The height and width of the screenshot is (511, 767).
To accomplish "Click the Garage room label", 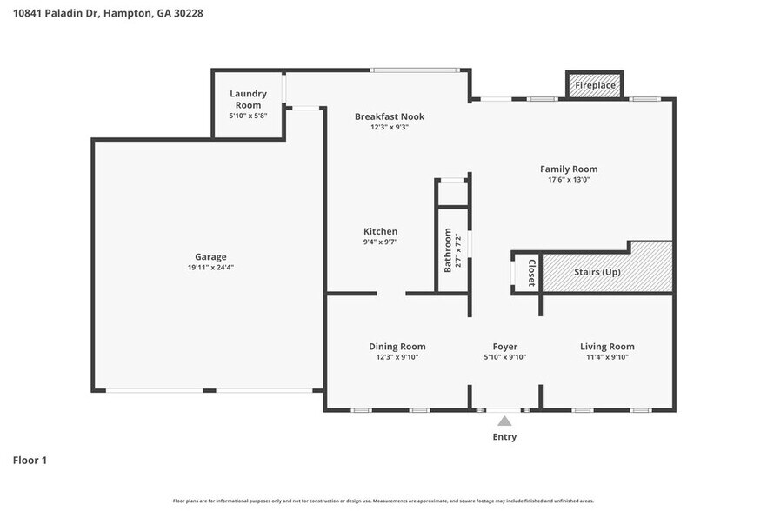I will (210, 256).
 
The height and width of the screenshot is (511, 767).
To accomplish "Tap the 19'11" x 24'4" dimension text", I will (210, 268).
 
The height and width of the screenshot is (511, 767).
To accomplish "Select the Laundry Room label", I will (248, 99).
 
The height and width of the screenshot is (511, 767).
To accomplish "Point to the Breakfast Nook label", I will (389, 116).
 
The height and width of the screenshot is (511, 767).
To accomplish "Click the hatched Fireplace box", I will (595, 85).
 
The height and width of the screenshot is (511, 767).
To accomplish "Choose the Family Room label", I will (568, 169).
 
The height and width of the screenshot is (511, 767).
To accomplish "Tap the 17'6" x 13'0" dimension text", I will (568, 180).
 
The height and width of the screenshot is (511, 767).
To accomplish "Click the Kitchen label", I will (380, 231).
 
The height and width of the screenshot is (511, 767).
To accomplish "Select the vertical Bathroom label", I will (449, 250).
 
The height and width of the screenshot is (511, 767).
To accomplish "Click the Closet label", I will (530, 273).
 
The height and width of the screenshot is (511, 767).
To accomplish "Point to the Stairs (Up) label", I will (597, 272).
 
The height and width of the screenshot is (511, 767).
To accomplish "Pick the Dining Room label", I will (397, 347).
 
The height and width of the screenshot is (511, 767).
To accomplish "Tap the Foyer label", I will (504, 347).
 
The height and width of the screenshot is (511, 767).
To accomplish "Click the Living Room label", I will (607, 347).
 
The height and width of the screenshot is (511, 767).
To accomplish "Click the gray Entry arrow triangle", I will (504, 421).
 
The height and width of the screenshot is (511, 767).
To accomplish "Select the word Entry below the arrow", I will (504, 437).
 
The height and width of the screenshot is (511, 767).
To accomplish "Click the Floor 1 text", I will (30, 460).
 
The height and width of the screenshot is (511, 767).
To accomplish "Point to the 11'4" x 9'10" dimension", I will (607, 357).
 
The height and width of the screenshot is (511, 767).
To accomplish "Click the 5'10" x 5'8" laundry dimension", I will (248, 116).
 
